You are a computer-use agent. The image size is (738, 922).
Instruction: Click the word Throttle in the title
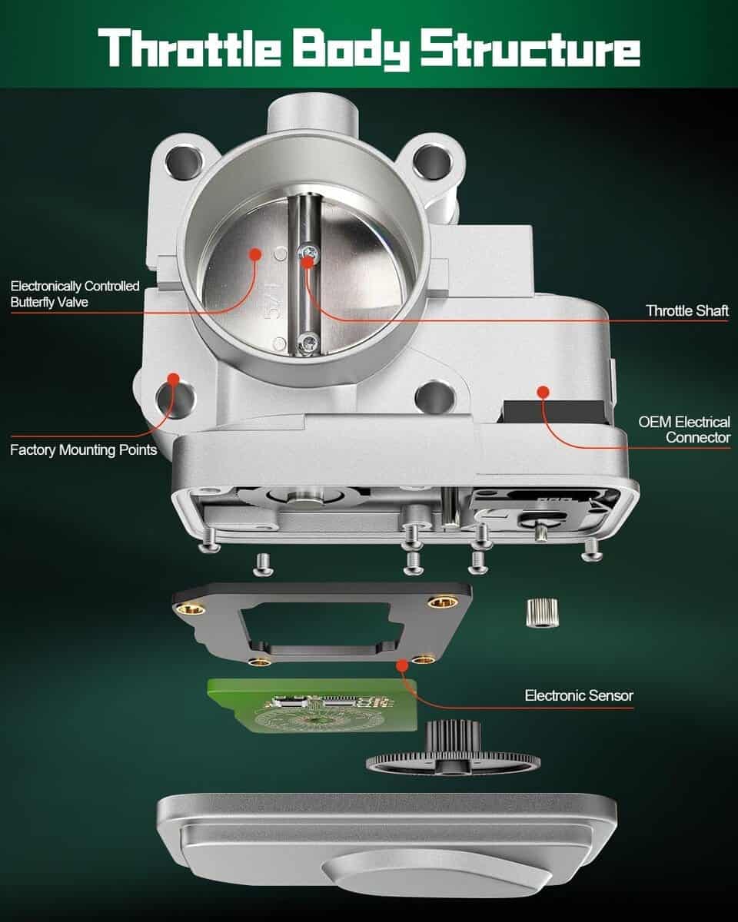tap(190, 48)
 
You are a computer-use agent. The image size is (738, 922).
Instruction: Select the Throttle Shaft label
tap(687, 310)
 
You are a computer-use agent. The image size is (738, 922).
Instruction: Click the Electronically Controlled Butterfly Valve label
tap(75, 294)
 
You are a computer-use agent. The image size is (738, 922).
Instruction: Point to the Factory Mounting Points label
tap(84, 450)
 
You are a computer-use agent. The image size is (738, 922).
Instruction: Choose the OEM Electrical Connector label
tap(684, 429)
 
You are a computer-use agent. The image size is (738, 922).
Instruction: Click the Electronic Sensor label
tap(579, 695)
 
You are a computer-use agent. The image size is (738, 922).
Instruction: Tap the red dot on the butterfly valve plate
tap(255, 254)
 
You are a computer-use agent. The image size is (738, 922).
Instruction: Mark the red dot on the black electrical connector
tap(544, 392)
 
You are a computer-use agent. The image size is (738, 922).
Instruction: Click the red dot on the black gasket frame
tap(402, 666)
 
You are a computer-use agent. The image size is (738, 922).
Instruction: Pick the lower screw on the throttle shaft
tap(309, 343)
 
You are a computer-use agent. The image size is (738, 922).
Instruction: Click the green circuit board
tap(312, 705)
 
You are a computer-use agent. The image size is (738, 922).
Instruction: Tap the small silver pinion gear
tap(542, 613)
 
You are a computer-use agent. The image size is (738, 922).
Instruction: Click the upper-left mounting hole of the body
tap(184, 163)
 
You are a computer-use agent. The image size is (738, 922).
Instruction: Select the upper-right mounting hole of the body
tap(433, 161)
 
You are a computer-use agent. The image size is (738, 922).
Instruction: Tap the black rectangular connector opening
tap(554, 412)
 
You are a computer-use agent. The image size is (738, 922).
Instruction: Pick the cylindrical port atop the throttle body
tap(313, 114)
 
